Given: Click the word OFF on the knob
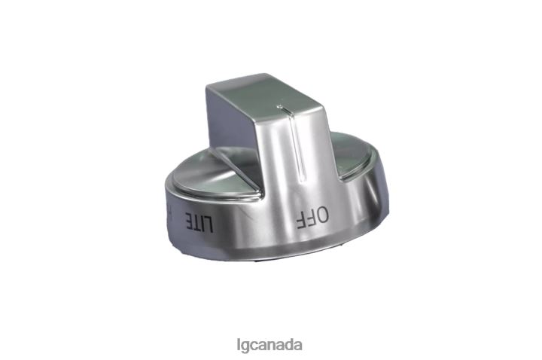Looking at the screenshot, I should pyautogui.click(x=310, y=218).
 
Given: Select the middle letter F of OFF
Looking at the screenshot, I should pyautogui.click(x=309, y=218).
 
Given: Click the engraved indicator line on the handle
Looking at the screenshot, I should pyautogui.click(x=303, y=143).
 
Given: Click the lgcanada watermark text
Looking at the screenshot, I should pyautogui.click(x=269, y=346).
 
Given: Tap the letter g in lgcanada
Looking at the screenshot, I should pyautogui.click(x=244, y=347).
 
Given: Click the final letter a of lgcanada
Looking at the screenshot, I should pyautogui.click(x=298, y=346).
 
